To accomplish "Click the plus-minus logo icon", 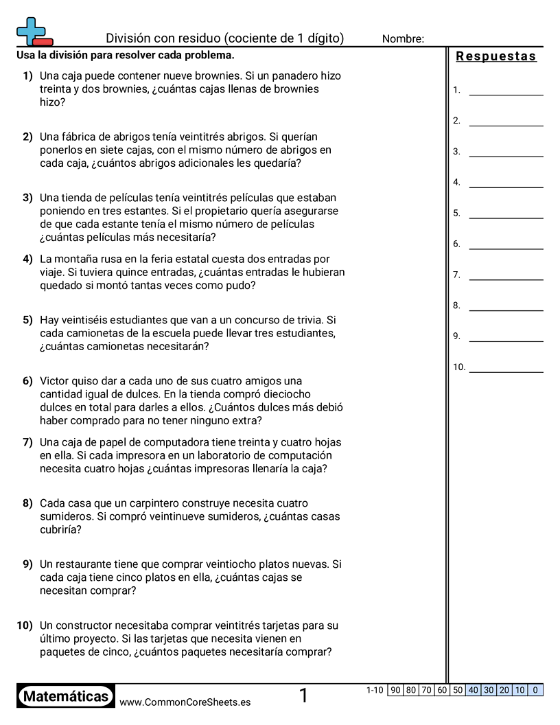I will [34, 32].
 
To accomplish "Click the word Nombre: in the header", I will [403, 39].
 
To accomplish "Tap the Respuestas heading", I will [496, 57].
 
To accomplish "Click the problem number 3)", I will [27, 198].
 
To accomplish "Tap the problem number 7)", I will [27, 442].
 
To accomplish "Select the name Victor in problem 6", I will [56, 381].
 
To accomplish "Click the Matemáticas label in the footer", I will [66, 697].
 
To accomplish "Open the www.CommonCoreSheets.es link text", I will [185, 702].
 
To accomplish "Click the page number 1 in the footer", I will [303, 696].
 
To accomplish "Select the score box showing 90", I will [395, 690].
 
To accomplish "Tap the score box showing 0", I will [535, 690].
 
